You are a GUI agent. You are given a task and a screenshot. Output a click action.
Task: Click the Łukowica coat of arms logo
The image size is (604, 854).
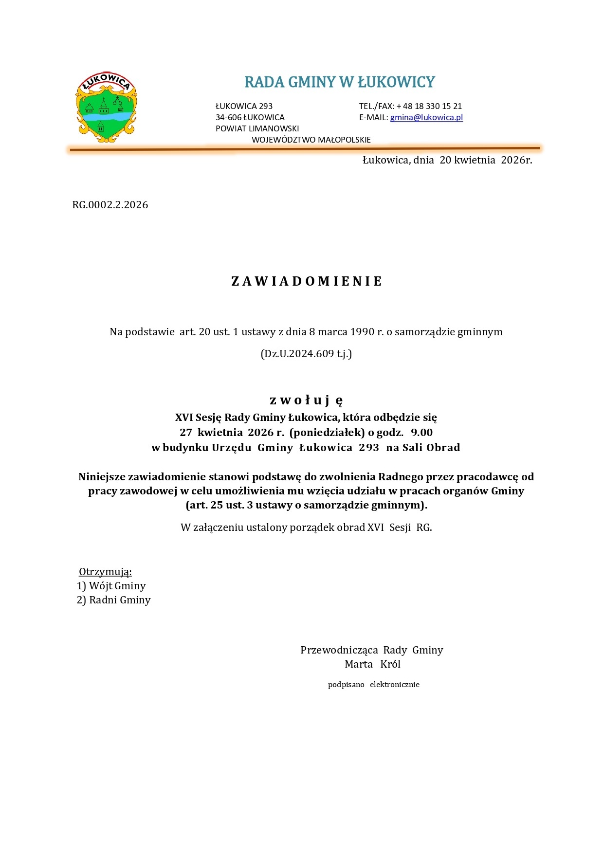pyautogui.click(x=106, y=108)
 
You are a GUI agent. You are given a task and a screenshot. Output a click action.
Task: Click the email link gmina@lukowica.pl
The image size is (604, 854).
pyautogui.click(x=426, y=117)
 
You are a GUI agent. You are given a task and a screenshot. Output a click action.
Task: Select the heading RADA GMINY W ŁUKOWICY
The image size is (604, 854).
pyautogui.click(x=339, y=82)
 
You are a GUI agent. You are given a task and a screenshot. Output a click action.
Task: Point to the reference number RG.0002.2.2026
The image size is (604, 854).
pyautogui.click(x=110, y=205)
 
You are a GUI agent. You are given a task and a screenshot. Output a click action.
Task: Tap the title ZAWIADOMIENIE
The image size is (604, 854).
pyautogui.click(x=307, y=281)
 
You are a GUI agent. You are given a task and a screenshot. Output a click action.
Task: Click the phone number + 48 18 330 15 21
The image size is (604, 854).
pyautogui.click(x=429, y=106)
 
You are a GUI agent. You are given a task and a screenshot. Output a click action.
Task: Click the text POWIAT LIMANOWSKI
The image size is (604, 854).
pyautogui.click(x=257, y=128)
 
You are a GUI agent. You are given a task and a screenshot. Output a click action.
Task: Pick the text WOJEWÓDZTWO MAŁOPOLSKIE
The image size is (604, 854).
pyautogui.click(x=311, y=140)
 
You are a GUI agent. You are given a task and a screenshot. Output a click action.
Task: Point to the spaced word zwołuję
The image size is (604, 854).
pyautogui.click(x=307, y=400)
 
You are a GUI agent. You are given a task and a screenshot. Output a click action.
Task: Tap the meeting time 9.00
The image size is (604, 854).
pyautogui.click(x=422, y=433)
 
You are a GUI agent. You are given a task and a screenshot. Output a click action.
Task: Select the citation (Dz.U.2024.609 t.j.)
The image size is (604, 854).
pyautogui.click(x=306, y=354)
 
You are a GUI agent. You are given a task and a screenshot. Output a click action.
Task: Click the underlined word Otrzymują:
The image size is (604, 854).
pyautogui.click(x=105, y=572)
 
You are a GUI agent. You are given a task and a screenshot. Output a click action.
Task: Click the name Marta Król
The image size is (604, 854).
pyautogui.click(x=372, y=664)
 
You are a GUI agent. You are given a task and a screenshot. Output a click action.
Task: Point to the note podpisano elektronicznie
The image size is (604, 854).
pyautogui.click(x=373, y=685)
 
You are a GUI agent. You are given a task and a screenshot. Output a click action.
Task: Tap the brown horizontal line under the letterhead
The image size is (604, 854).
pyautogui.click(x=304, y=149)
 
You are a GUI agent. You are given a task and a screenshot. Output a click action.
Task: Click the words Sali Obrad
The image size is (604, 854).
pyautogui.click(x=431, y=448)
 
